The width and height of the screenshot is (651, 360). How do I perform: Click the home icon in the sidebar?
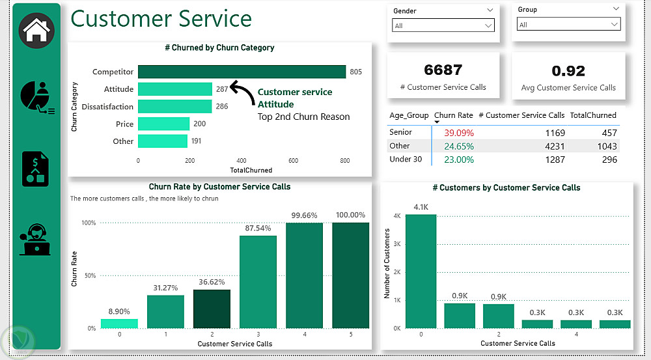[36, 30]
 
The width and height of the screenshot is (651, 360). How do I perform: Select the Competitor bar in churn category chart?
[242, 72]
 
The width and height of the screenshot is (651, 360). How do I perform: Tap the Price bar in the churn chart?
[163, 124]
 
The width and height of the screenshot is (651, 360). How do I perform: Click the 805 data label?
[355, 72]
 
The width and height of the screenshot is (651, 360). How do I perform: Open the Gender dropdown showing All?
[443, 25]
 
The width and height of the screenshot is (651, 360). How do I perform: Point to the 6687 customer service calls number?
[443, 70]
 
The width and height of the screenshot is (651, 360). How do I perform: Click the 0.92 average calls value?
[568, 71]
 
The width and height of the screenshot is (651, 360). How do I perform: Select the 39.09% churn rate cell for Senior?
[459, 133]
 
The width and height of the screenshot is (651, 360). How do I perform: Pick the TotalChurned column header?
[592, 115]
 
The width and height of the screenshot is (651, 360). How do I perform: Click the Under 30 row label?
[406, 159]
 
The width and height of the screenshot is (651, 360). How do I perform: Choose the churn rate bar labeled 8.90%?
[119, 323]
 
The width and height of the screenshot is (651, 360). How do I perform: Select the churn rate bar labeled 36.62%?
[212, 309]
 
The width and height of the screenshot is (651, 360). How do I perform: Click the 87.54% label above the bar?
[258, 228]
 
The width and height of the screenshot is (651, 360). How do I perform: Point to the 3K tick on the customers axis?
[396, 243]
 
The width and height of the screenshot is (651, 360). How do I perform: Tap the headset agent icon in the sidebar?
[36, 240]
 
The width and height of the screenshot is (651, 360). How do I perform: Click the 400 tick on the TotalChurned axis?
[242, 160]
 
